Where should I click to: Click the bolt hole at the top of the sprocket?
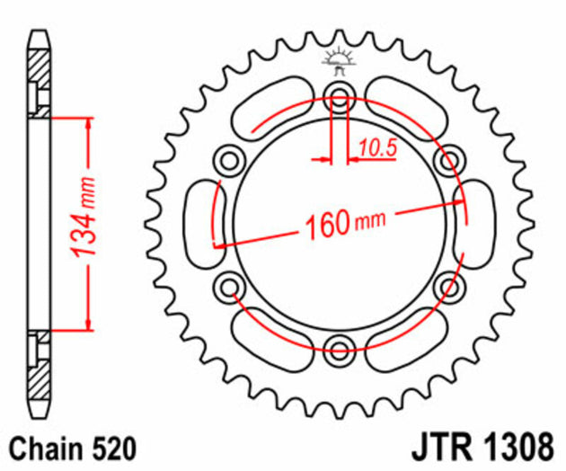[340, 96]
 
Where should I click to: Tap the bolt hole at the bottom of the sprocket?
[340, 347]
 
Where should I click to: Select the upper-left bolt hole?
[230, 161]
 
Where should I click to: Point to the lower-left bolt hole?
[230, 286]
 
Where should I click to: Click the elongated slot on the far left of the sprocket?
[203, 222]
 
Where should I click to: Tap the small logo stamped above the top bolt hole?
[340, 60]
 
